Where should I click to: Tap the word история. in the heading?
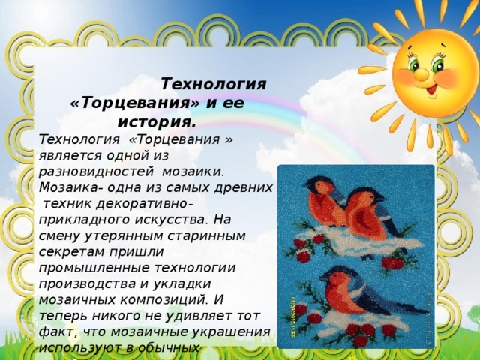point(157,121)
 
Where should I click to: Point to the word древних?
point(247,187)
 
